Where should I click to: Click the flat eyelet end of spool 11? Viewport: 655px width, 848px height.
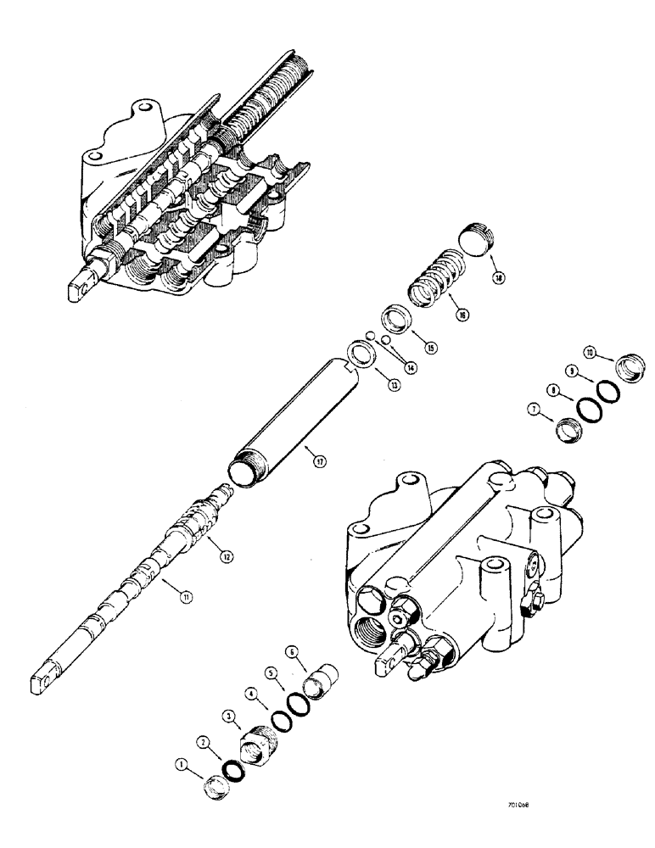(44, 686)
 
